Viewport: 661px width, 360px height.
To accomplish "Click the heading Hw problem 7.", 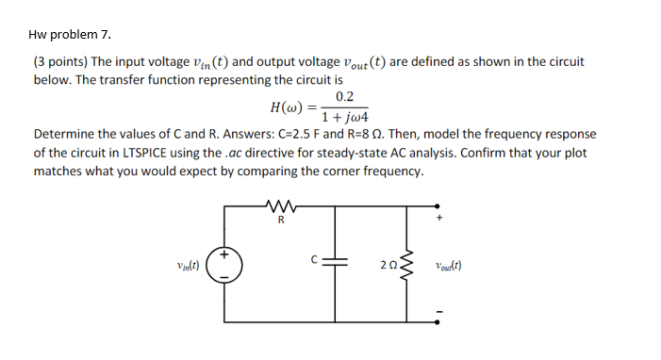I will (70, 35).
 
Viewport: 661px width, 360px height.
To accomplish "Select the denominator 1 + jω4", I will (345, 119).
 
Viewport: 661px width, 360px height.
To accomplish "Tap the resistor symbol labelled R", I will (279, 205).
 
